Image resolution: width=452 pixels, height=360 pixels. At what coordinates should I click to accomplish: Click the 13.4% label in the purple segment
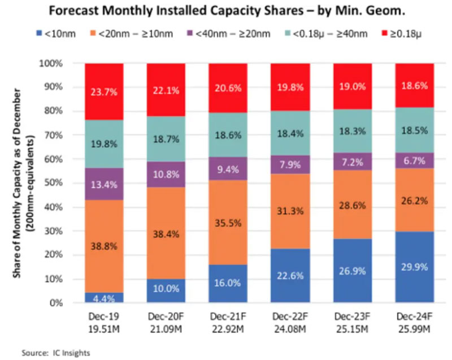[x=105, y=184]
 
